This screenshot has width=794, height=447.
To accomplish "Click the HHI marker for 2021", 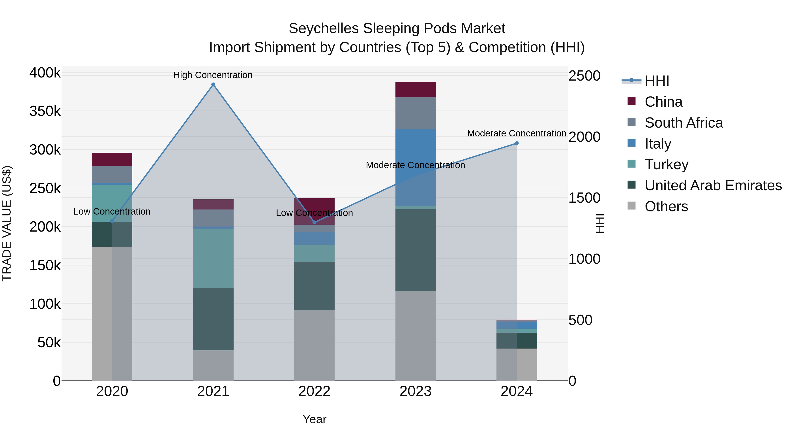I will coord(213,85).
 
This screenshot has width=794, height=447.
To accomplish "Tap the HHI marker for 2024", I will coord(517,143).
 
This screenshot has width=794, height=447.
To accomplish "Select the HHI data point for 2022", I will coord(314,223).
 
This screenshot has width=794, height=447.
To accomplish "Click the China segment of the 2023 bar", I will coord(416,89).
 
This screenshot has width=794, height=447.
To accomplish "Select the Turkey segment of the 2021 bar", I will coord(213,258).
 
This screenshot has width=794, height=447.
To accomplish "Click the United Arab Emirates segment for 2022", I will coord(314,286).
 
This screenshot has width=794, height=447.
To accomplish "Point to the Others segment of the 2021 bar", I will coord(213,365).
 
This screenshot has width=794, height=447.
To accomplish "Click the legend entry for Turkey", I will coord(666,164).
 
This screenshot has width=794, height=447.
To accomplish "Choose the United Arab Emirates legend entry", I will coord(713,185).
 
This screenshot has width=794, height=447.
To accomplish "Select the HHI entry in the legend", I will coord(657,81).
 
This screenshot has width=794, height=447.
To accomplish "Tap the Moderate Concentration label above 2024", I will coord(517,133).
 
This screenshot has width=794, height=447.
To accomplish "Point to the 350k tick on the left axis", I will coord(45,111).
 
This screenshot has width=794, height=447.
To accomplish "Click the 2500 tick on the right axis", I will coord(584,76).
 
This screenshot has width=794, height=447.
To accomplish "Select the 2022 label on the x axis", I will coord(314,391).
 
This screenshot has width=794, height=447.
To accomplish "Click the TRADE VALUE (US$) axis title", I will coord(7,223).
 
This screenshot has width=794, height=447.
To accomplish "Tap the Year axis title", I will coord(314,419).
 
